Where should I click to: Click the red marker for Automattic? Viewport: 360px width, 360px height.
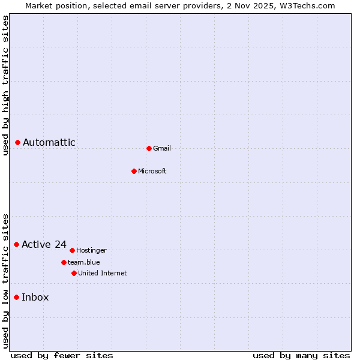coord(18,142)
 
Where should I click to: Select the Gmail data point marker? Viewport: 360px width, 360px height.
coord(149,148)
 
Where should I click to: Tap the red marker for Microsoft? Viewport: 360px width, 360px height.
coord(134,171)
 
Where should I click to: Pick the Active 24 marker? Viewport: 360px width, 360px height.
coord(17,244)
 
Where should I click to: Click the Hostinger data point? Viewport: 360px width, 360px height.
coord(72,250)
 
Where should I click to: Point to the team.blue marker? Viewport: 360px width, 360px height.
coord(64,262)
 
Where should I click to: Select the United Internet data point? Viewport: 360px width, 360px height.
coord(74,273)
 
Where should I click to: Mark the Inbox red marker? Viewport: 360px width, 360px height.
coord(17,297)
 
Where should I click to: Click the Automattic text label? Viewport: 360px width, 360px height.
coord(49,142)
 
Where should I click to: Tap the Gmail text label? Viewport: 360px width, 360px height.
coord(162,148)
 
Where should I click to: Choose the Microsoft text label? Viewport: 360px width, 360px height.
coord(152,171)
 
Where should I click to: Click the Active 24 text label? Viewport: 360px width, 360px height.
coord(44,244)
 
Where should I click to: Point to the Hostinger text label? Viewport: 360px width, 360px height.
coord(92,250)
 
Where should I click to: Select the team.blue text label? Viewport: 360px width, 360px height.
coord(84,262)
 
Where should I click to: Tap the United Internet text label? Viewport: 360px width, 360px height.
coord(103,273)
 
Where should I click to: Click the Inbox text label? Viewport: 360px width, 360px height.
coord(35,297)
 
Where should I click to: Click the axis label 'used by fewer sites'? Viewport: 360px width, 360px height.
coord(62,355)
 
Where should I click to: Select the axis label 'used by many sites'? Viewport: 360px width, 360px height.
coord(301,355)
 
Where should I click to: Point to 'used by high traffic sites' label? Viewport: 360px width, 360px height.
coord(6,85)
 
